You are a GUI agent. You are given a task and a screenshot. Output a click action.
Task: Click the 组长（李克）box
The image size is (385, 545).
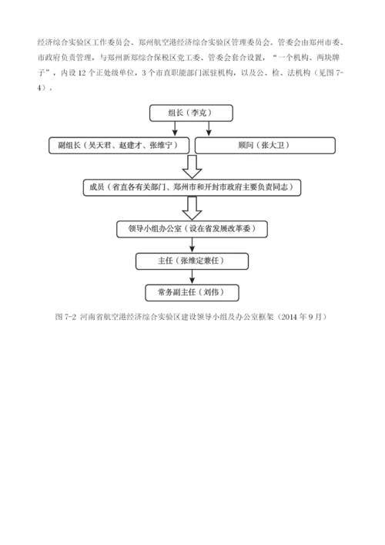tap(189, 113)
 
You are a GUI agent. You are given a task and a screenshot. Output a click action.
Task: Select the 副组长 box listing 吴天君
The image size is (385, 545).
tap(119, 145)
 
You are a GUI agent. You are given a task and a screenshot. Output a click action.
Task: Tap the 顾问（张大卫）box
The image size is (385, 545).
tap(264, 145)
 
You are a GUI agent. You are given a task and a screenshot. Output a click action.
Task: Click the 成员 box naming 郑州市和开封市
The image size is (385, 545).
tap(192, 187)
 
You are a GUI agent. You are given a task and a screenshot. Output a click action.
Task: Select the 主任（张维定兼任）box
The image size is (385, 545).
tap(189, 261)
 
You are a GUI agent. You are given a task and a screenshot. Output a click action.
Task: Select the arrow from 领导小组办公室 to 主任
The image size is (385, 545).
tap(190, 245)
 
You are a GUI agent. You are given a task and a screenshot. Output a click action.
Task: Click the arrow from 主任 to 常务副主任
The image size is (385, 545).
tap(190, 278)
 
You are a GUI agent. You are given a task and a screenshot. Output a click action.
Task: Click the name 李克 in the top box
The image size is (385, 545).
tap(201, 113)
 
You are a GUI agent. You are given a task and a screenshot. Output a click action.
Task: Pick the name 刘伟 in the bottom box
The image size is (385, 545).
tap(209, 293)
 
